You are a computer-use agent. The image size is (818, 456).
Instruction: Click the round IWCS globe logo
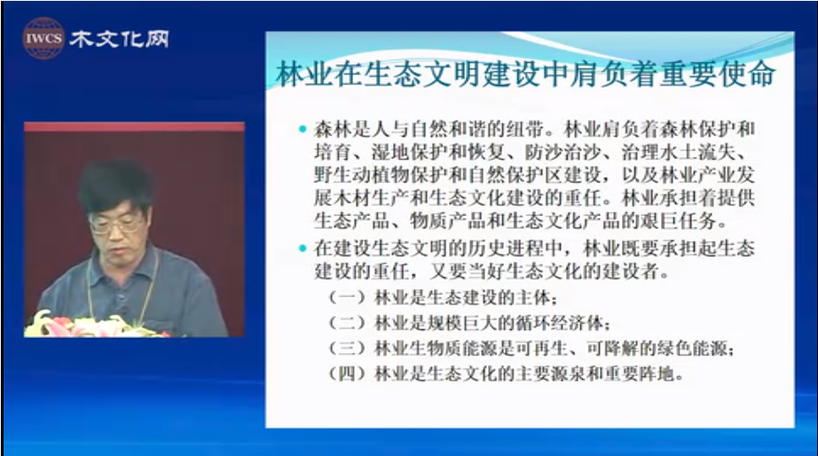[x=43, y=38]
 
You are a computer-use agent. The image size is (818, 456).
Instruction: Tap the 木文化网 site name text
[x=120, y=39]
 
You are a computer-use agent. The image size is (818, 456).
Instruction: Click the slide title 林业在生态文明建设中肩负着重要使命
[x=525, y=74]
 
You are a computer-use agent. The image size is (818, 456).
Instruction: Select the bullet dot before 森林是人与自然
[x=303, y=129]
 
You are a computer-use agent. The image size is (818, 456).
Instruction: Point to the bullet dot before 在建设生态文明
[x=303, y=248]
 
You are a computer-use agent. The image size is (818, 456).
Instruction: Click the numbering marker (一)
[x=347, y=298]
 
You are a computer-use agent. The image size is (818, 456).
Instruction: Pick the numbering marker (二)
[x=347, y=323]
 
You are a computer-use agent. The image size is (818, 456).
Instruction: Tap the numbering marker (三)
[x=347, y=348]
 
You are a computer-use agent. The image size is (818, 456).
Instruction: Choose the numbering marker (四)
[x=347, y=373]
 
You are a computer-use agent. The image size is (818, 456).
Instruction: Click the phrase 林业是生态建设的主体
[x=461, y=298]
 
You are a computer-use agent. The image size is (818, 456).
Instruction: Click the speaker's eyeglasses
[x=115, y=224]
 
